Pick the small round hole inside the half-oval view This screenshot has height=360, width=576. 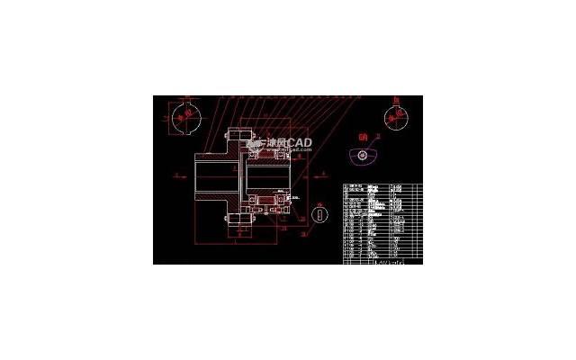click(362, 154)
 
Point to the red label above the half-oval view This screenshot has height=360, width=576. click(363, 138)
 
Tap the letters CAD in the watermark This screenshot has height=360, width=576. click(300, 143)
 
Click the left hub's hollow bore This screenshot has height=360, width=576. click(216, 175)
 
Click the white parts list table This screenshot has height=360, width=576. click(383, 223)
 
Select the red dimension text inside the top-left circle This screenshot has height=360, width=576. click(186, 117)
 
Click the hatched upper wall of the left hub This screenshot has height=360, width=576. click(216, 158)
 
